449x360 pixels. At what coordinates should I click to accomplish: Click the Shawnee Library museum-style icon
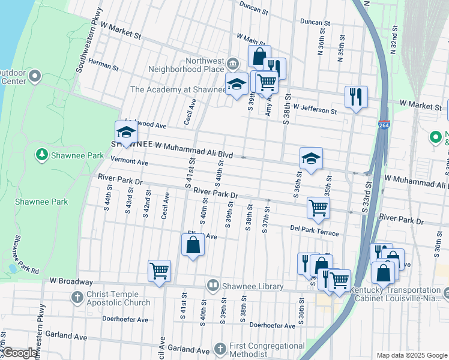click(x=212, y=286)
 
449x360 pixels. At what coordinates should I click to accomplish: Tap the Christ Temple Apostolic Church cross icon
click(x=77, y=296)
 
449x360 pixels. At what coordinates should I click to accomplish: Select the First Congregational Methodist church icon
click(x=220, y=349)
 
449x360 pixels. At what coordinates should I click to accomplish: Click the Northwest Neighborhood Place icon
click(x=234, y=63)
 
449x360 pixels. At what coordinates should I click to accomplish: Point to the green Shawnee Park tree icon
click(x=42, y=155)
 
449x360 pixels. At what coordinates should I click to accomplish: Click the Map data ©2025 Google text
click(x=412, y=355)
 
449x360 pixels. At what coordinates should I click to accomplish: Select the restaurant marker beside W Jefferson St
click(x=356, y=97)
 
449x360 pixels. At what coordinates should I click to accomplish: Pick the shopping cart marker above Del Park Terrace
click(x=318, y=208)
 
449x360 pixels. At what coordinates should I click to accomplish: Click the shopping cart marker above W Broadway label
click(x=159, y=271)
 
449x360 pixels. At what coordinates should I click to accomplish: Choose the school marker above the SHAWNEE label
click(x=126, y=132)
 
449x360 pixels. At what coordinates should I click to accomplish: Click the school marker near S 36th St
click(x=311, y=158)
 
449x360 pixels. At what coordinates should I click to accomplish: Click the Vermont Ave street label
click(x=129, y=162)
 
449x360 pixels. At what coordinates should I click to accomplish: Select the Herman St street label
click(x=103, y=62)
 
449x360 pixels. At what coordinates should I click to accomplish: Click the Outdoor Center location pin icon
click(x=35, y=76)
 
